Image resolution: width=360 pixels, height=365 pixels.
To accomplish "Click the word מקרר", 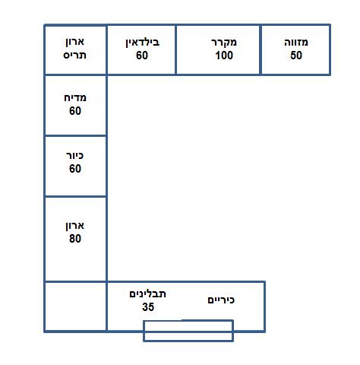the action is click(224, 42).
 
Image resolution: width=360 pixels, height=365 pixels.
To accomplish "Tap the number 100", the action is click(224, 56).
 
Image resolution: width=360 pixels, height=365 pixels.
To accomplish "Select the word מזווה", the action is click(296, 42).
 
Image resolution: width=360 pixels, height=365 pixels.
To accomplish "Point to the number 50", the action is click(296, 56).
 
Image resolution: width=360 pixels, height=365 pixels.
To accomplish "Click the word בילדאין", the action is click(143, 43).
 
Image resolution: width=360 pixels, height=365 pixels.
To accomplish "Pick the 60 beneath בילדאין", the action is click(142, 56).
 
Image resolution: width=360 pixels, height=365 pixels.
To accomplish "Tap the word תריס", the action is click(74, 55).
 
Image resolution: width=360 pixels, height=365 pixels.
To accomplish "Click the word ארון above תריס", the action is click(75, 42).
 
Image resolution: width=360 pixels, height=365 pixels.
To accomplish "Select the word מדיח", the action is click(75, 97).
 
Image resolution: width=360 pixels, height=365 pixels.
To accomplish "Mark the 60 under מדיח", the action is click(75, 111).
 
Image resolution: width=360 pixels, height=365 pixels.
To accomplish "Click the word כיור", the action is click(74, 155).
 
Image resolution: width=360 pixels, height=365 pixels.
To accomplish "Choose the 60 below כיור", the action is click(75, 169).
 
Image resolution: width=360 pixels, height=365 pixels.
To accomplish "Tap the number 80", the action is click(75, 239).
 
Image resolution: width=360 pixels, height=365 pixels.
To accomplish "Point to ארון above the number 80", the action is click(75, 226).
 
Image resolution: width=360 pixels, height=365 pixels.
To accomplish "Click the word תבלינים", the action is click(147, 294).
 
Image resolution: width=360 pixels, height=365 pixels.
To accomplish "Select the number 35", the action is click(148, 307).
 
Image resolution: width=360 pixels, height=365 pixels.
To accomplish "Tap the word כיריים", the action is click(221, 300).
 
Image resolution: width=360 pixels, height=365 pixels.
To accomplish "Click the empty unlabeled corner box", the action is click(75, 306).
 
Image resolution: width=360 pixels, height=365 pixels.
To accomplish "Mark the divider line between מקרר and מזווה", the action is click(261, 49).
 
